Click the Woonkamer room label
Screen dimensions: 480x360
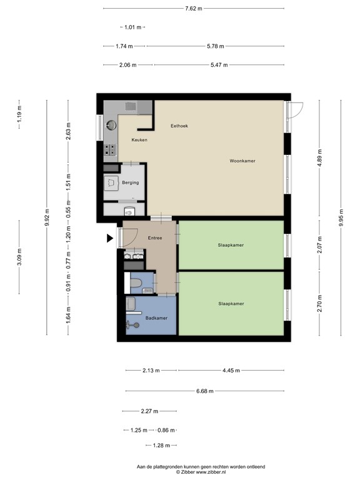coord(242,161)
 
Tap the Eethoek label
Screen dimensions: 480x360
coord(179,126)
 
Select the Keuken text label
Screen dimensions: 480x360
coord(139,140)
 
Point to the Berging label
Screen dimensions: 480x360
coord(130,182)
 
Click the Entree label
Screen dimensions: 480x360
coord(155,238)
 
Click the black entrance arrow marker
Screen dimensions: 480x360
coord(109,237)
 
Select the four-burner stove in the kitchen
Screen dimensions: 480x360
coord(111,149)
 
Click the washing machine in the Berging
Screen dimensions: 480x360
coord(112,182)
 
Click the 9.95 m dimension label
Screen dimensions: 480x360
coord(341,217)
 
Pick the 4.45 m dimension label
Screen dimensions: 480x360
coord(231,371)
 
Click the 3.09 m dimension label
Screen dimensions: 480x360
coord(19,257)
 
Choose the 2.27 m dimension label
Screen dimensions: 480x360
coord(149,411)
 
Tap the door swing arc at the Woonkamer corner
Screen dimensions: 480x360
coord(299,109)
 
